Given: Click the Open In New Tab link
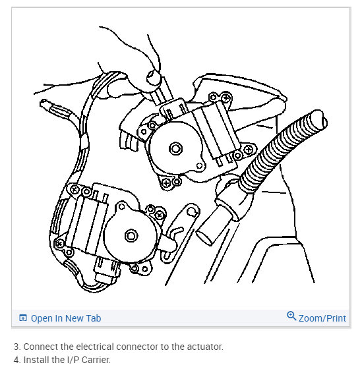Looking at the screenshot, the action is click(66, 318).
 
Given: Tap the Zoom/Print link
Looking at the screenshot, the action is click(322, 318).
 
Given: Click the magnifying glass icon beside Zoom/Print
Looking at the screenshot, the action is click(291, 316).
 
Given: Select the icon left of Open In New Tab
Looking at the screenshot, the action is click(23, 318).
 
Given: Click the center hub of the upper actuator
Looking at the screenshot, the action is click(175, 149).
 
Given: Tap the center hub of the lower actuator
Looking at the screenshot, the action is click(131, 236).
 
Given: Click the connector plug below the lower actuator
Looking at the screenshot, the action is click(107, 270).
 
